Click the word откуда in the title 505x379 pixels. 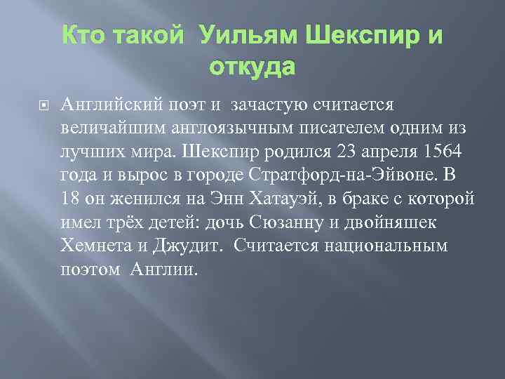(252, 69)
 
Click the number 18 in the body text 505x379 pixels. (71, 198)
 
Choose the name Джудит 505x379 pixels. (193, 246)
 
